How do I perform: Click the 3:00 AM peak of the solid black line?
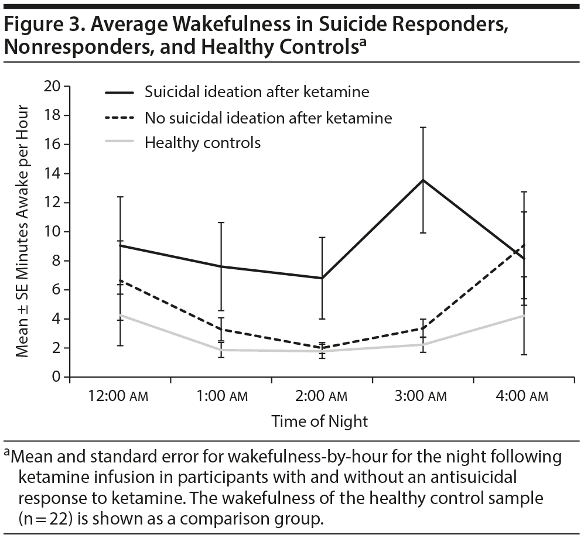423,180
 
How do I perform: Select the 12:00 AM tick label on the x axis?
119,396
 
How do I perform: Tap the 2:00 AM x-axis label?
322,396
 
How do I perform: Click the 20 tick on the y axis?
53,86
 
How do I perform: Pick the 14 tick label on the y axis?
53,173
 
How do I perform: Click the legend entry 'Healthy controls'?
203,142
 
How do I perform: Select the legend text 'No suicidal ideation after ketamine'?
268,117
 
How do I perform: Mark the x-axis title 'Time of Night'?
320,421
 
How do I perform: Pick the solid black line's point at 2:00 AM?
322,278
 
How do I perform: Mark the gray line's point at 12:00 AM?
119,315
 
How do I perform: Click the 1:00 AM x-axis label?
221,396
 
